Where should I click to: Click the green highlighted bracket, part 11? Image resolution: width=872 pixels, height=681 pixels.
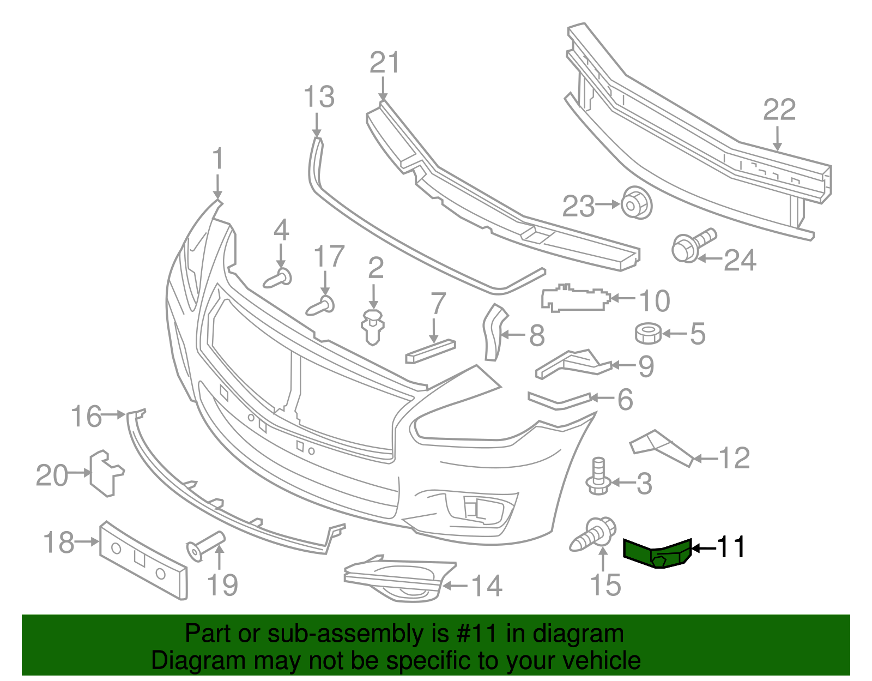[x=657, y=552]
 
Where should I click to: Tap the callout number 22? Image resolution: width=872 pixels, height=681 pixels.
[x=779, y=110]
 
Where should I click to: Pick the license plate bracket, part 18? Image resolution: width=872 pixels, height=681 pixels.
[x=143, y=560]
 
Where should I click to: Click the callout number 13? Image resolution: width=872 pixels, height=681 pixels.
[x=319, y=97]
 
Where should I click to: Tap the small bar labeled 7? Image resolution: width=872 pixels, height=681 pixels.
[x=430, y=351]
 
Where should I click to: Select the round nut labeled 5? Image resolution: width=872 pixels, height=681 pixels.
[x=648, y=333]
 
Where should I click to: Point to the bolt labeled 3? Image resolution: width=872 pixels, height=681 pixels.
[x=598, y=477]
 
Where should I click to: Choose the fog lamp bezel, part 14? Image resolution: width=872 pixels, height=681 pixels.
[x=398, y=582]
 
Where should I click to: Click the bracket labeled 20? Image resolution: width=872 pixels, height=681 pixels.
[x=105, y=473]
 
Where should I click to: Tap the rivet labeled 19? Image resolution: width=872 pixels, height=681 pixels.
[x=205, y=544]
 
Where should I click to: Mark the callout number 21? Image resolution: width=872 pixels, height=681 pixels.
[x=385, y=63]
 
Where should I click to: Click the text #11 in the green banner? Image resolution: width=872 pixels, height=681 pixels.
[x=475, y=634]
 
